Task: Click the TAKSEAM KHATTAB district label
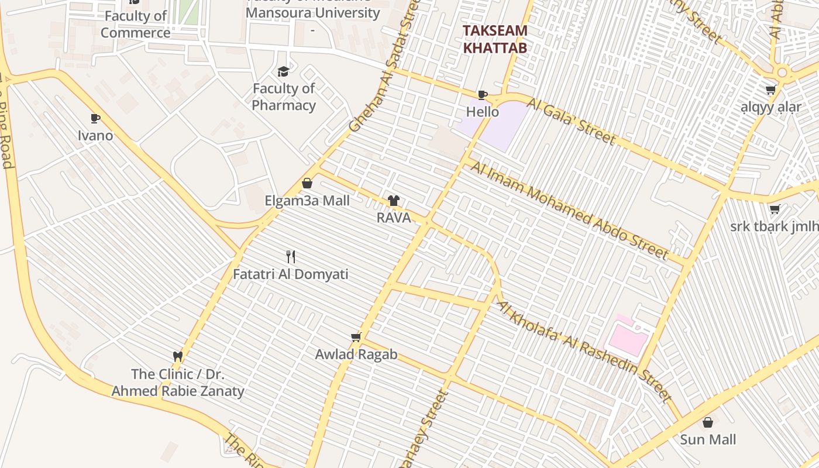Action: point(495,39)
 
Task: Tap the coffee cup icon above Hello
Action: point(483,95)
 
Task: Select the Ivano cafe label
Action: point(95,135)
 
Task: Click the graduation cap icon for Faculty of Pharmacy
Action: point(283,71)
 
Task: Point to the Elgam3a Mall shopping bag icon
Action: point(307,183)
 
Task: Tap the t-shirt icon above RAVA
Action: point(394,201)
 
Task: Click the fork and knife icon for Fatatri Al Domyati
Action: point(291,256)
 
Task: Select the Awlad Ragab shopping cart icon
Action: point(356,337)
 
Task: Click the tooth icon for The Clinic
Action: point(178,356)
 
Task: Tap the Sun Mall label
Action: point(708,439)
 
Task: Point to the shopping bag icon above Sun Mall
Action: point(708,422)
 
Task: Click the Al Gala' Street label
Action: point(572,122)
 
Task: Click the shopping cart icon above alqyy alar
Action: point(770,90)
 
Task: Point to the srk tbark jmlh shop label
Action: point(775,226)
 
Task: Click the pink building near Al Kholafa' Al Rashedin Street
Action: point(628,338)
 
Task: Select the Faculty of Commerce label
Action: point(135,24)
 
